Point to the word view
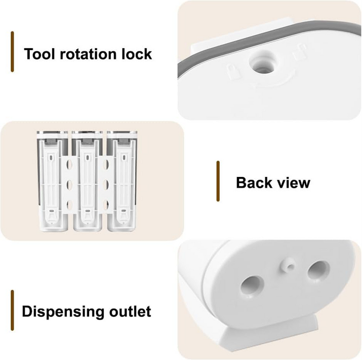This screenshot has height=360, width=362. pyautogui.click(x=293, y=183)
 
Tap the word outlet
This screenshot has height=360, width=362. pyautogui.click(x=130, y=311)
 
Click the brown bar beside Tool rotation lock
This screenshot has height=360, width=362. pyautogui.click(x=12, y=52)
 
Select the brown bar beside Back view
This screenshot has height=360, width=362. pyautogui.click(x=218, y=182)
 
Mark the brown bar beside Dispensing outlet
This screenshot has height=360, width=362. pyautogui.click(x=12, y=310)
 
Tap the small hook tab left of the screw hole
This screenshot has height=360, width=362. pyautogui.click(x=232, y=71)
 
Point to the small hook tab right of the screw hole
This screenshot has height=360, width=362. pyautogui.click(x=299, y=51)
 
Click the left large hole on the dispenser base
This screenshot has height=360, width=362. pyautogui.click(x=252, y=286)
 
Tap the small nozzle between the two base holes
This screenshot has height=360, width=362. pyautogui.click(x=287, y=265)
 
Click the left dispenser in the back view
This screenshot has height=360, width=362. pyautogui.click(x=52, y=182)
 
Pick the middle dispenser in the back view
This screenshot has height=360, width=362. pyautogui.click(x=87, y=182)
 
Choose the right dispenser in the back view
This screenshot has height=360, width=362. pyautogui.click(x=122, y=182)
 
